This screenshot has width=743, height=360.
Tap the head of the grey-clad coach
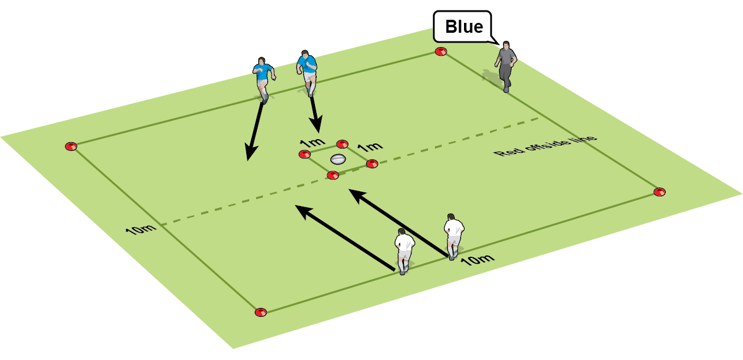[507, 45]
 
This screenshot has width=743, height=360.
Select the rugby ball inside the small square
[337, 158]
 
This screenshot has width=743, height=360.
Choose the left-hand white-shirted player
[405, 251]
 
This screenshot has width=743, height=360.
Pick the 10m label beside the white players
[478, 259]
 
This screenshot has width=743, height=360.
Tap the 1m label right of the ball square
[371, 147]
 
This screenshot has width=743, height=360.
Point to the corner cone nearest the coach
[440, 51]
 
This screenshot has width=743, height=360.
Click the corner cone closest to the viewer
[260, 312]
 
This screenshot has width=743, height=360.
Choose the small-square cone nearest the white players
[333, 175]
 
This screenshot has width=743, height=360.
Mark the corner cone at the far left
[71, 147]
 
